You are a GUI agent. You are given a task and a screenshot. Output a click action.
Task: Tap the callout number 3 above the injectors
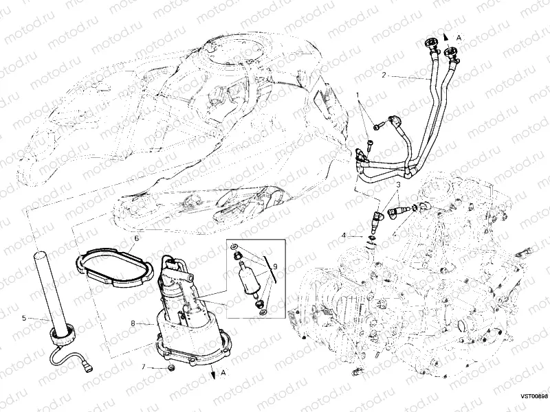(397, 185)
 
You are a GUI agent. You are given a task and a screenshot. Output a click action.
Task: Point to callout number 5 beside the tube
(24, 318)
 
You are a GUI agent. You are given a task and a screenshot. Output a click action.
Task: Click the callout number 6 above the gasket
(136, 238)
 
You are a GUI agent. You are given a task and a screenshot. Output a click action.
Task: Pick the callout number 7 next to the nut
(144, 367)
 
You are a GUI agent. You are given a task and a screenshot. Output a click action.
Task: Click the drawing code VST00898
(533, 396)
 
